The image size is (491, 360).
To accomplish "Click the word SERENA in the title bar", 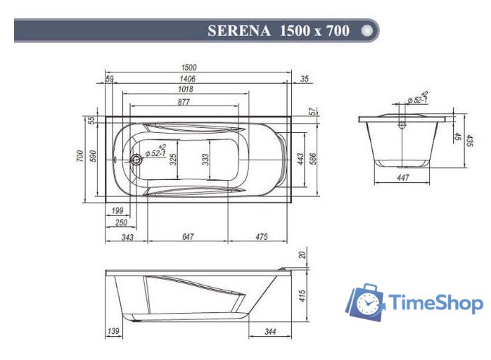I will (240, 31).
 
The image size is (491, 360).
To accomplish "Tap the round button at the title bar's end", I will (366, 31).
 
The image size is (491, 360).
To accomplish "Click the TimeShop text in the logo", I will (436, 304).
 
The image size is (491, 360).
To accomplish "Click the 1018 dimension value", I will (185, 90).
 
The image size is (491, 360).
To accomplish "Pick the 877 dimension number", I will (184, 102).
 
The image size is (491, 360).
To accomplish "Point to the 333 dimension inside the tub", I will (205, 160).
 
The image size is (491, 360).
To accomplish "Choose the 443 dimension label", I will (300, 159).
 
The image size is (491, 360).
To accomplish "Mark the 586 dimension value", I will (314, 159).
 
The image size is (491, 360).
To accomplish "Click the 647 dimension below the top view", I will (188, 236).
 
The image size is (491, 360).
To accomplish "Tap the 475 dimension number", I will (261, 236).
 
